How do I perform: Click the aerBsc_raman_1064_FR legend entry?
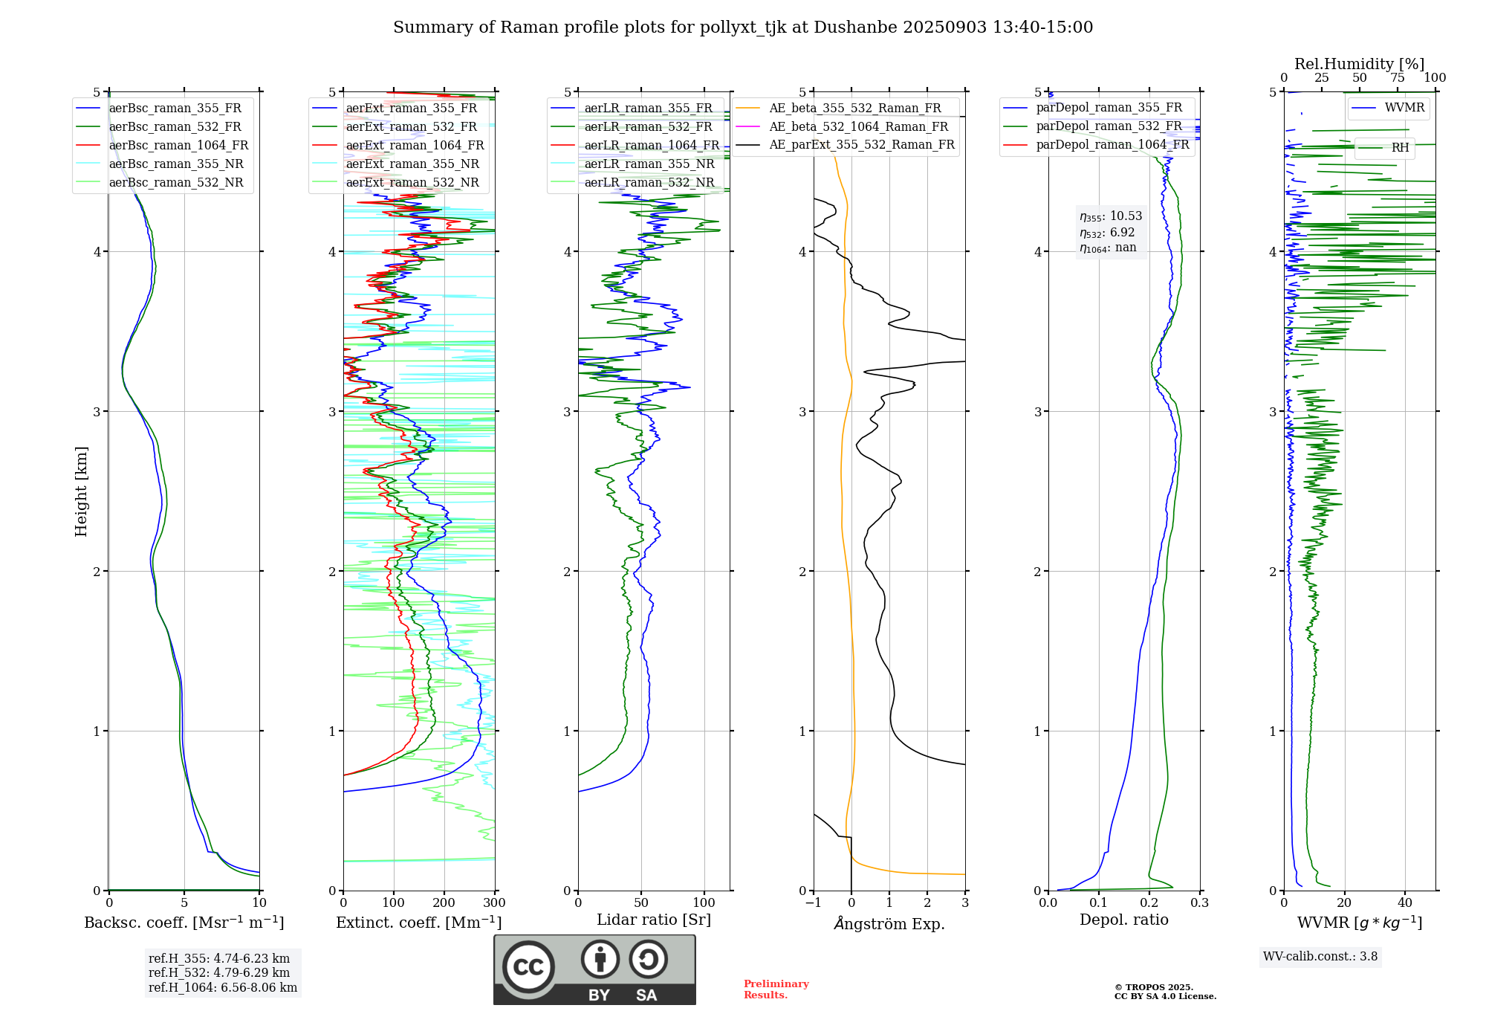[178, 146]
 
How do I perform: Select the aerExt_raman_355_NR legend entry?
[412, 164]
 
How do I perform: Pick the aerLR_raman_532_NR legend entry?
[649, 183]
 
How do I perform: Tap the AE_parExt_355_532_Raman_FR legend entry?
[861, 145]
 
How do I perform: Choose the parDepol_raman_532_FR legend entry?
[1109, 126]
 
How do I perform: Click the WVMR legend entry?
[1404, 108]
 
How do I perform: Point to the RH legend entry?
[1400, 148]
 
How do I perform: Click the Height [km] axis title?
[81, 491]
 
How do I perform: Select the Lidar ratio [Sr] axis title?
[654, 920]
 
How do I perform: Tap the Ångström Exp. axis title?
[889, 923]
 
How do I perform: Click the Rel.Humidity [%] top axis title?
[1359, 64]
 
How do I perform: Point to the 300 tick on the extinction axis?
[495, 903]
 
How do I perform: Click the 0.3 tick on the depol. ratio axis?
[1199, 903]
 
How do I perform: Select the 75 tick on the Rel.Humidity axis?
[1398, 78]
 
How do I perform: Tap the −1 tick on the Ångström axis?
[813, 903]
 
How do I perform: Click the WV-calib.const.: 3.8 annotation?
[1320, 957]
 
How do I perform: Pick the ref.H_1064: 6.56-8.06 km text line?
[223, 988]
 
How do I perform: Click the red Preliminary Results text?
[776, 989]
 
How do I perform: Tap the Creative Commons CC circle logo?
[528, 967]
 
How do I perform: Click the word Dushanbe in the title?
[855, 28]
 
